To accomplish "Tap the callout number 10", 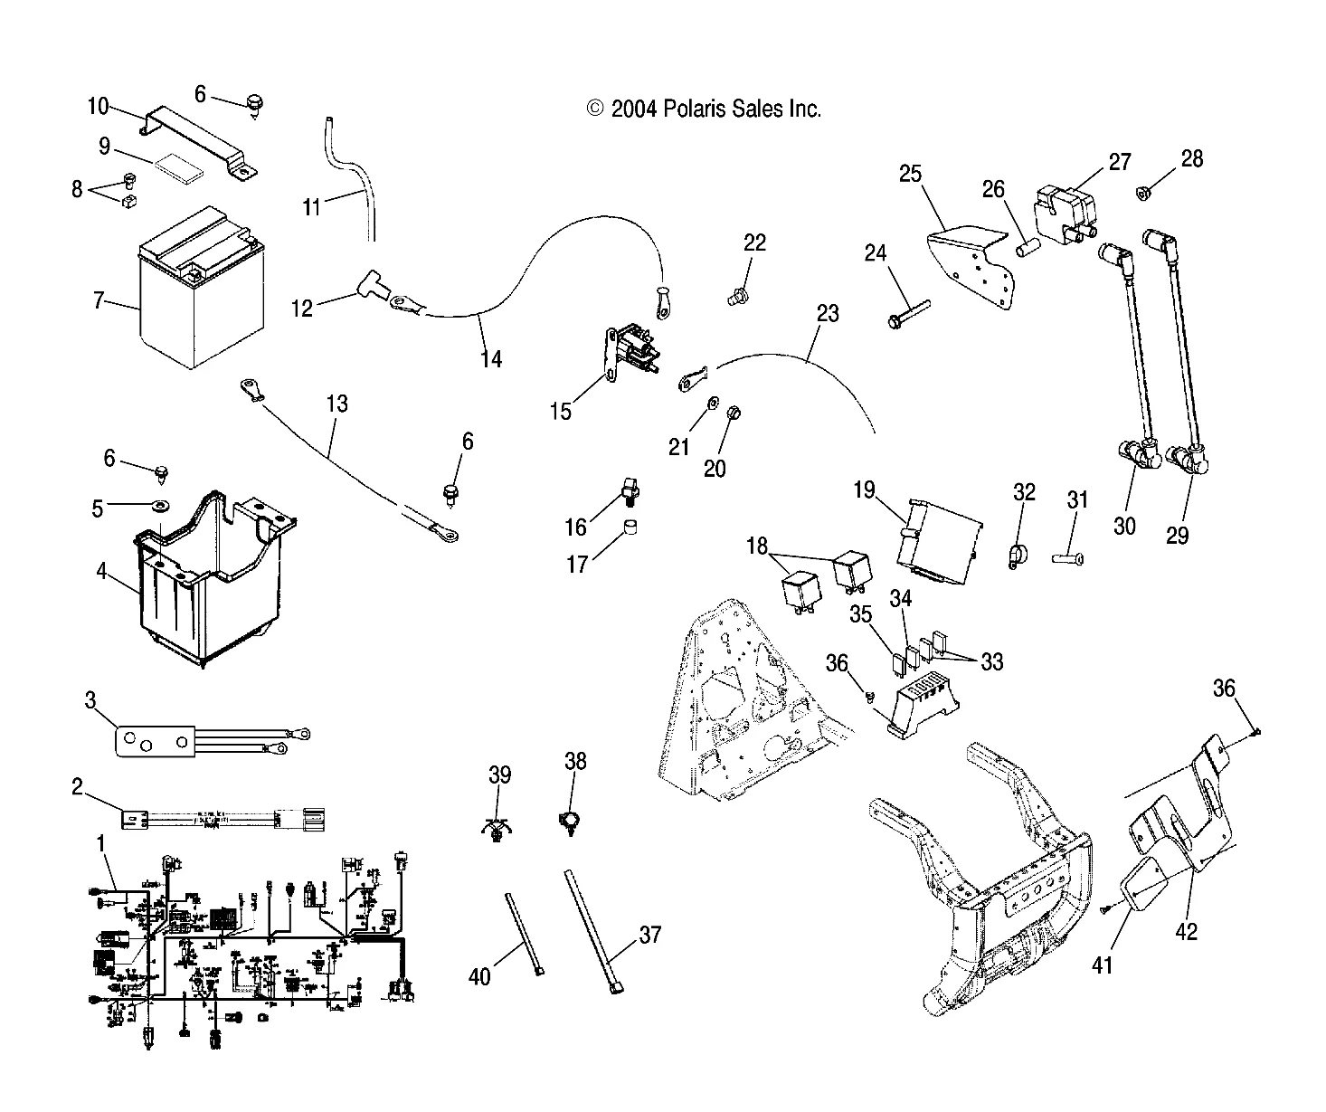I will pos(98,107).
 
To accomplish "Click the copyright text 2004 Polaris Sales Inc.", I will pos(704,109).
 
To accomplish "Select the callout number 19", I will pos(864,490).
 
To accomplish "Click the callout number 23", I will pos(828,314).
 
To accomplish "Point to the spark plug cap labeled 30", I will pos(1135,452).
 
